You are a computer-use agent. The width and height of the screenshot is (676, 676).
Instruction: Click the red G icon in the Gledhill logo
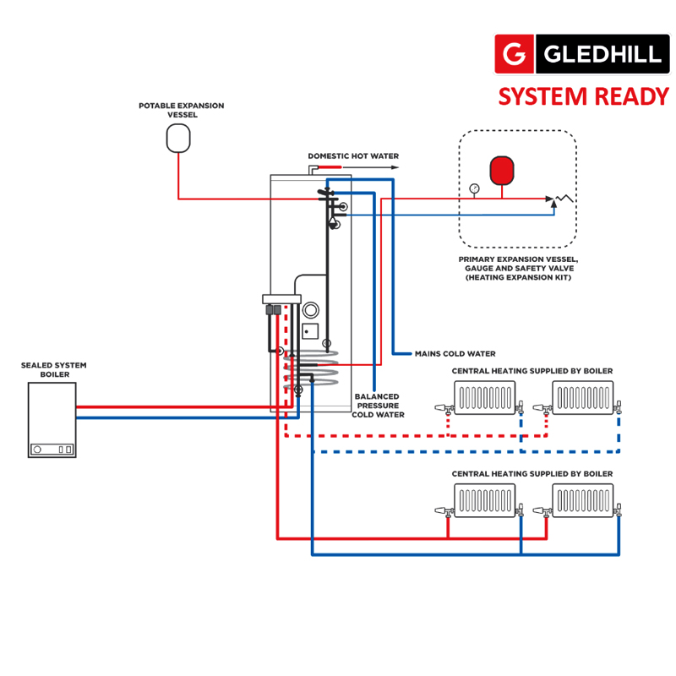pos(514,54)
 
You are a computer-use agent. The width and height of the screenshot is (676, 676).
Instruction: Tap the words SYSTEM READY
pos(584,96)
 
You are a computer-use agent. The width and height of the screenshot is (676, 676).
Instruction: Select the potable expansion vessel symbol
pos(178,137)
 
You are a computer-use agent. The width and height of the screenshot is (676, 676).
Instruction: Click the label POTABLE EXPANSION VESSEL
pos(182,110)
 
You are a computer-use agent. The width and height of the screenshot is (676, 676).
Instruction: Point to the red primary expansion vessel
pos(502,169)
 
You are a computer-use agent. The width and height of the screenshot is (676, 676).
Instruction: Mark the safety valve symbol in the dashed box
pos(559,199)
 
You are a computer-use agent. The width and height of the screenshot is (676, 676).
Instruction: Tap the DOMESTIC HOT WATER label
pos(353,156)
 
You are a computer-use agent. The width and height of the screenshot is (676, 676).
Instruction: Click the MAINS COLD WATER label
pos(455,353)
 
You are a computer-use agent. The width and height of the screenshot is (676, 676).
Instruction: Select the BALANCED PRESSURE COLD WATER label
pos(377,406)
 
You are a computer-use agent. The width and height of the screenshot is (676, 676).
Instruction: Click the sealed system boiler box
pos(52,419)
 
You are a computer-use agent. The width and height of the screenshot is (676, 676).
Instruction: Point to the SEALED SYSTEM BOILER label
pos(53,370)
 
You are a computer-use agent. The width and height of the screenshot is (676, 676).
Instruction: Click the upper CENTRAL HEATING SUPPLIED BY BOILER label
pos(532,371)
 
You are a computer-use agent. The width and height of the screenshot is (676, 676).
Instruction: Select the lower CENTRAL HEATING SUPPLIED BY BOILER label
pos(532,474)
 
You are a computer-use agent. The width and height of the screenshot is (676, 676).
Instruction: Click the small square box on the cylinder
pos(310,330)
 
